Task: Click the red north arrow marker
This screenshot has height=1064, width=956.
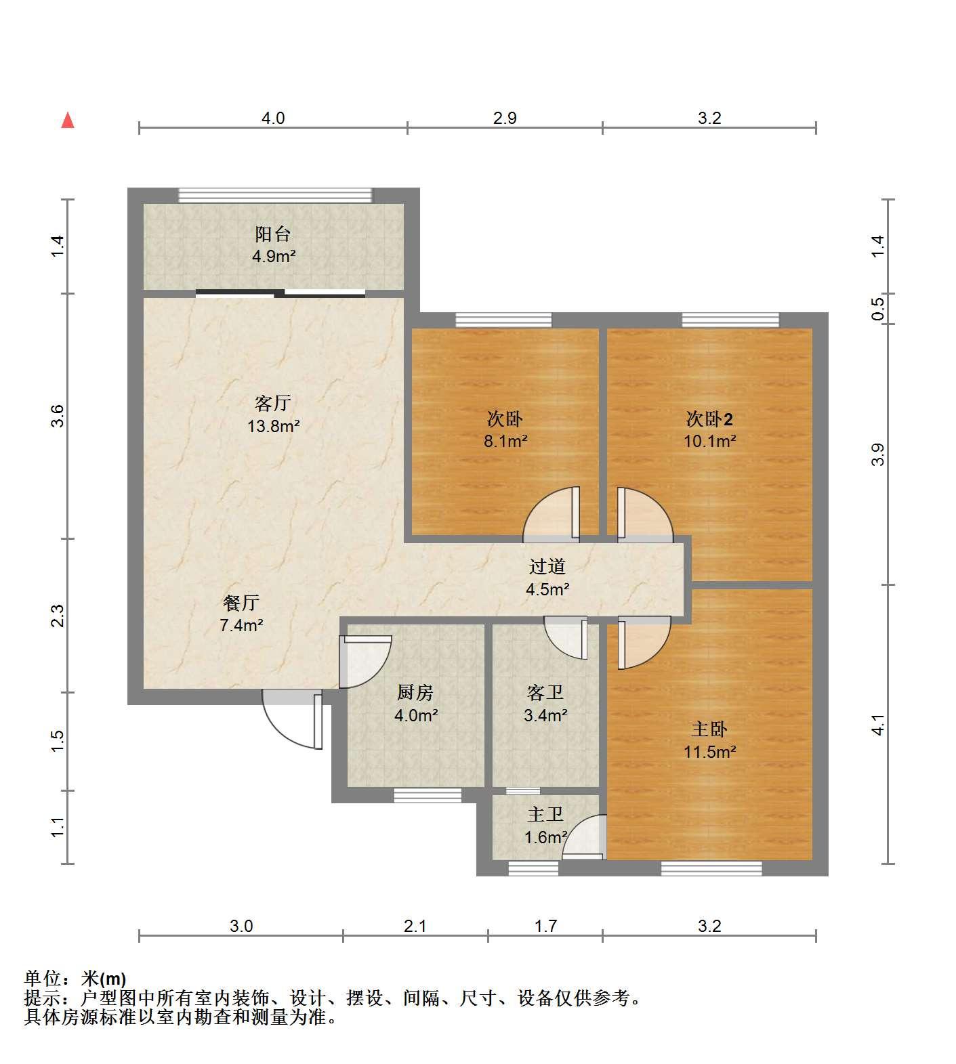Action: tap(68, 121)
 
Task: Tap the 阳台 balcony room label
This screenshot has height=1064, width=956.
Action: tap(273, 234)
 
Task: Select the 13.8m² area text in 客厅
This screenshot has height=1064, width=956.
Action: tap(274, 426)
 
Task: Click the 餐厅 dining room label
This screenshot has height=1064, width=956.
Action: tap(241, 602)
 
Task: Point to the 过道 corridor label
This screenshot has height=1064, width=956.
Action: tap(547, 566)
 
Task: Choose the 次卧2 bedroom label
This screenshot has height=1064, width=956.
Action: tap(709, 419)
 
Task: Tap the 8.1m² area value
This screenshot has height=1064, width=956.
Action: tap(505, 442)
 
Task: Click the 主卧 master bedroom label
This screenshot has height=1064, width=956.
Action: tap(709, 729)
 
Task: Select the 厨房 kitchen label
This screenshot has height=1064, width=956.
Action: tap(415, 692)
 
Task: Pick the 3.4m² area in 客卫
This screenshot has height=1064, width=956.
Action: tap(546, 715)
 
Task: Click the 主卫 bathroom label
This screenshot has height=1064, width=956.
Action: tap(545, 814)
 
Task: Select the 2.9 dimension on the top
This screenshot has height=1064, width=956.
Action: tap(505, 119)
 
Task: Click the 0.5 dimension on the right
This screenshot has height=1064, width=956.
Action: tap(878, 309)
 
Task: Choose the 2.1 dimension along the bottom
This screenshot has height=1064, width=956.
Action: tap(415, 925)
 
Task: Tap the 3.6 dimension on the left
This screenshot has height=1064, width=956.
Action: tap(59, 416)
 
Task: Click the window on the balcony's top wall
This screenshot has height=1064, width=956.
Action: tap(275, 196)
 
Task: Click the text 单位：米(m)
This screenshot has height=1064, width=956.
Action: tap(75, 979)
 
